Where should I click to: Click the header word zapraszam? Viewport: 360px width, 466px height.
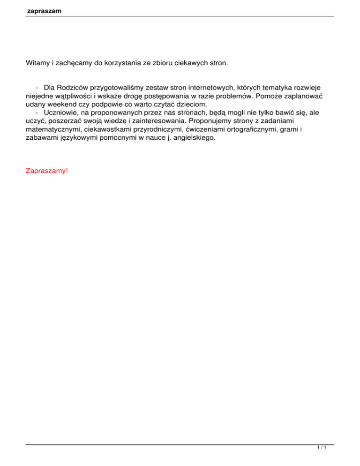click(45, 10)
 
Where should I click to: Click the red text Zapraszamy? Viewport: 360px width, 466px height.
click(46, 171)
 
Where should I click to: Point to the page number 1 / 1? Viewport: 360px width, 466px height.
click(321, 448)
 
